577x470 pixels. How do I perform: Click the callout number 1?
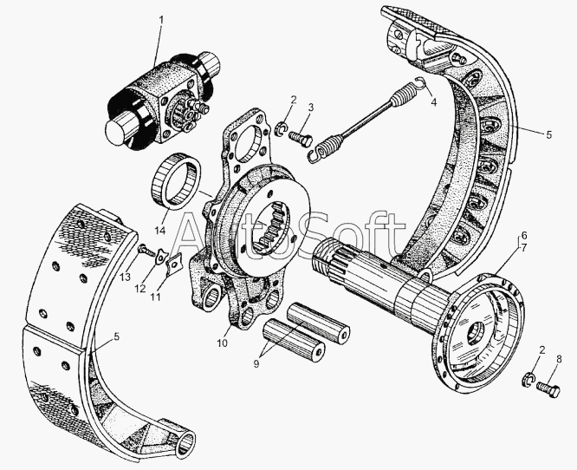click(x=160, y=20)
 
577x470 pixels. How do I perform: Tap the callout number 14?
click(x=160, y=231)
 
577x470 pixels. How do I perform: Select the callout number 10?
click(x=222, y=343)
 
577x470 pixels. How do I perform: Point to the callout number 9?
click(x=256, y=363)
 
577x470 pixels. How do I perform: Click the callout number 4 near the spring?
click(x=434, y=102)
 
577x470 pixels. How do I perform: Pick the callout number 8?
click(x=559, y=360)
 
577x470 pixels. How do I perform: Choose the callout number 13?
click(x=125, y=277)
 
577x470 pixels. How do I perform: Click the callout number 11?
click(x=156, y=297)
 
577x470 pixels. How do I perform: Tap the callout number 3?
click(x=311, y=108)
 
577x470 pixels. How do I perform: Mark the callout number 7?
click(x=524, y=247)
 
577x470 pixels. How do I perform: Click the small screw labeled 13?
click(x=146, y=251)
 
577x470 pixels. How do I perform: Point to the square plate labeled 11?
click(x=173, y=264)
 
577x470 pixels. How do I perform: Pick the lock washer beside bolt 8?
click(x=528, y=380)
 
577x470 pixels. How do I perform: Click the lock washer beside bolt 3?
click(x=282, y=128)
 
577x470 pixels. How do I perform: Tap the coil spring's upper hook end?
click(x=420, y=83)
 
